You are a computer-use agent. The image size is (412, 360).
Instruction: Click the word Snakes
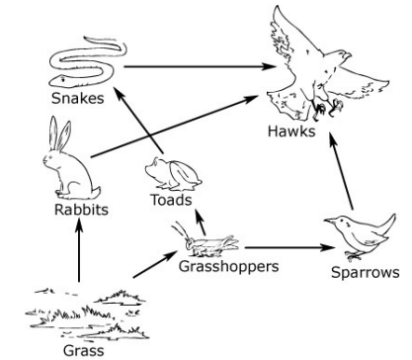point(78,98)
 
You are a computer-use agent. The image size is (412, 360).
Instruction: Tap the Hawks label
point(291,131)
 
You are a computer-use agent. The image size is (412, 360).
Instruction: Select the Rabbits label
point(81,210)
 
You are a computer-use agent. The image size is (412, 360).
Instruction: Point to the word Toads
point(171,200)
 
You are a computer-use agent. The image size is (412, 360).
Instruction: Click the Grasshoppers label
point(229,266)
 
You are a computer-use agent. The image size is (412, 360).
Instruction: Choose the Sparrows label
point(366,272)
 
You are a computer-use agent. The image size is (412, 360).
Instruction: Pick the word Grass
point(84,350)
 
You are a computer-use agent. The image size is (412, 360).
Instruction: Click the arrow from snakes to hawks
point(199,66)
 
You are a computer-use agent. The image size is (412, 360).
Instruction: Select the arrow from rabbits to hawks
point(174,127)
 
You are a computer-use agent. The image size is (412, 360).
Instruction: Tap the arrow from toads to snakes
point(138,120)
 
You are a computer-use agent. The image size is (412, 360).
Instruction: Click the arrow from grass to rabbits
point(79,250)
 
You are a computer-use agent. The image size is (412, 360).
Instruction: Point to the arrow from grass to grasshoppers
point(155,264)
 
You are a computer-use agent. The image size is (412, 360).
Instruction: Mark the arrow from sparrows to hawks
point(341,171)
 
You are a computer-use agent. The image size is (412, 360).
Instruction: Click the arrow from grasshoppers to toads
point(201,222)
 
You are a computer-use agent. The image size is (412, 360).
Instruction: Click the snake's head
point(58,80)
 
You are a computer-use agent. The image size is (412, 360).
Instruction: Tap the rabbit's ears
point(60,134)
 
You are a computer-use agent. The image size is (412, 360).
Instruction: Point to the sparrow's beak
point(330,222)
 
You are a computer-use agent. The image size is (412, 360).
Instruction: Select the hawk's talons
point(327,108)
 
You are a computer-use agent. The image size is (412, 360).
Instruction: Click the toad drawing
point(173,174)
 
